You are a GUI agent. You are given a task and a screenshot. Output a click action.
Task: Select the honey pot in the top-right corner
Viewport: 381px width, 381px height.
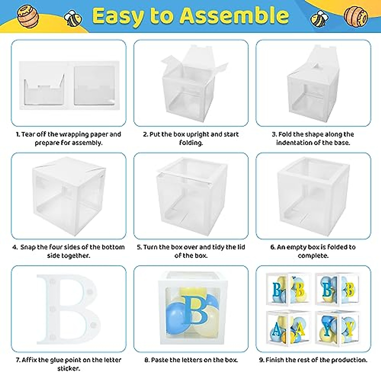[x=356, y=15]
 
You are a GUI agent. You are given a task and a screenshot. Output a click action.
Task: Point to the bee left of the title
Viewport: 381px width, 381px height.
[x=73, y=18]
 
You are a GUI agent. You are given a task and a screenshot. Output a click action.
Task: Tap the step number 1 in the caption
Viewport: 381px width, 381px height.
[x=18, y=134]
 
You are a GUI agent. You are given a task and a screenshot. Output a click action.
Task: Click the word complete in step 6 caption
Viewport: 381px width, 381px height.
[x=313, y=256]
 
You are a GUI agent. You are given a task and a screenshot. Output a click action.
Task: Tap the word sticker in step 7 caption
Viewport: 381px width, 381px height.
[x=68, y=369]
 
